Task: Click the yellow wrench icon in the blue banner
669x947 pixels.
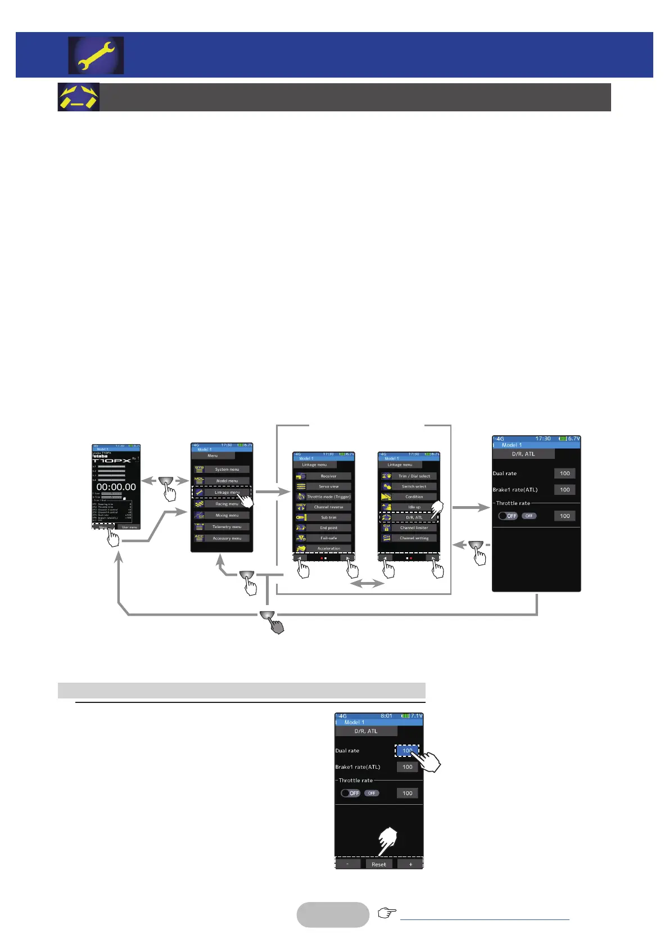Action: [x=96, y=56]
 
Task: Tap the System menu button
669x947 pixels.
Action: [x=227, y=469]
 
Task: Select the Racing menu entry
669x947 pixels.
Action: [x=227, y=504]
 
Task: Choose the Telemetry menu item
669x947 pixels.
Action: [x=227, y=527]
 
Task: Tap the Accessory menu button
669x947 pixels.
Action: [x=227, y=538]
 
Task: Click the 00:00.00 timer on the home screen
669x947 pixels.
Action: [x=116, y=487]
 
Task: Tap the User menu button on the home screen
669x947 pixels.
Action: [x=129, y=527]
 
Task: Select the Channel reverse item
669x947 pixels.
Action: [x=328, y=507]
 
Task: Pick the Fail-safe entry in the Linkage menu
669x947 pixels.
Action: [x=328, y=538]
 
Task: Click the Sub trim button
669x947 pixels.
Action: [x=328, y=517]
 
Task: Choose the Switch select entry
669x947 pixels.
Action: [x=414, y=486]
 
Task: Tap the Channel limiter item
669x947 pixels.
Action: [x=414, y=527]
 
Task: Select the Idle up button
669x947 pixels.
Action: [x=414, y=507]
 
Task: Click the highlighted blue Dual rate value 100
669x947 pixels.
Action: [x=407, y=751]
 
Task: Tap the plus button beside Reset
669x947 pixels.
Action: [x=410, y=864]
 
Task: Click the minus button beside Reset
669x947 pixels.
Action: [x=347, y=864]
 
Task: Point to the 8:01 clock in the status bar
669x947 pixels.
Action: [x=386, y=716]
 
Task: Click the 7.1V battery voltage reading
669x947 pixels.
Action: [x=416, y=716]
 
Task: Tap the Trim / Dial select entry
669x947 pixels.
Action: [x=414, y=476]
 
